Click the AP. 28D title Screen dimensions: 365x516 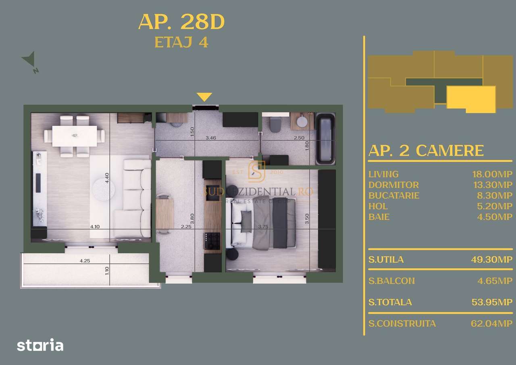coord(181,23)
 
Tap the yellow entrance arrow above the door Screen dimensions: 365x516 coord(204,97)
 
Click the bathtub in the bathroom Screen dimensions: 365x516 coord(325,139)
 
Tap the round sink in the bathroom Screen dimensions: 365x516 coord(302,121)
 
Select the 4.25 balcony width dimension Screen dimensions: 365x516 coord(85,261)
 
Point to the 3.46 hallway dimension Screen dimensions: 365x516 coord(211,138)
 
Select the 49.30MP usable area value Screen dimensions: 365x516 coord(492,259)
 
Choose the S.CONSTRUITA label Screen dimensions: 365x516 coord(402,323)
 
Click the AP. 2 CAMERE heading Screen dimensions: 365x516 coord(426,151)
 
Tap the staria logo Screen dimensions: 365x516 coord(40,345)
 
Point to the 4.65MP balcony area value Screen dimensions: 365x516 coord(495,281)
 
